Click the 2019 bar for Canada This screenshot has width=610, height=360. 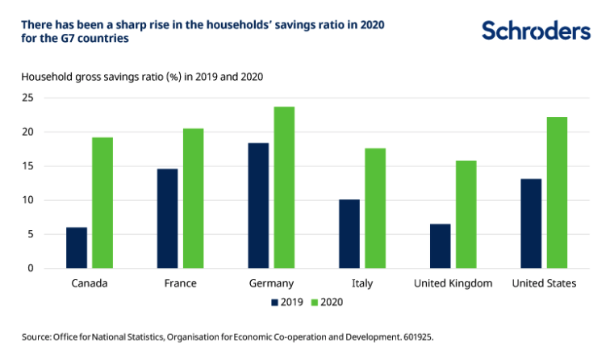point(77,248)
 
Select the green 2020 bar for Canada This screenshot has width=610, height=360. point(102,203)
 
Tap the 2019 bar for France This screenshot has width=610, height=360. point(168,218)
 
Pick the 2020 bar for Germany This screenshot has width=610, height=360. point(284,187)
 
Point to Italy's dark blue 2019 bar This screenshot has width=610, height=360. point(349,233)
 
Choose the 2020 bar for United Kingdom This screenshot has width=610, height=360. point(466,214)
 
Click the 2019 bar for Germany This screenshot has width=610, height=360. point(258,205)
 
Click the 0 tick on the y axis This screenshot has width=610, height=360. point(31,268)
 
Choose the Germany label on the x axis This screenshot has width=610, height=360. point(271,283)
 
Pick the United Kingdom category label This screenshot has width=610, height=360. point(453,283)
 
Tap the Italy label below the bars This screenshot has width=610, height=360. point(362,283)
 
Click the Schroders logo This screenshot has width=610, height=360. point(536,31)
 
